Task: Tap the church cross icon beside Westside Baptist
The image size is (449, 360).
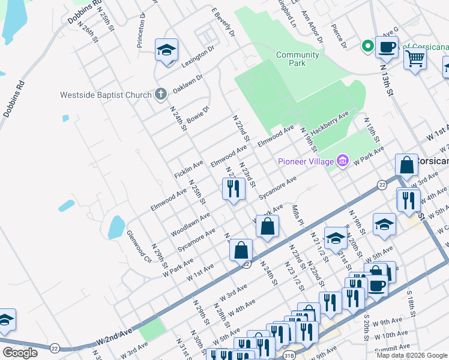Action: click(x=160, y=94)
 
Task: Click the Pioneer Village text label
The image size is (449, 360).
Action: click(x=305, y=161)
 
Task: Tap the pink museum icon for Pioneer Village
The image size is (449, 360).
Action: click(x=343, y=160)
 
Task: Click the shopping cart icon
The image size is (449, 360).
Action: click(x=415, y=59)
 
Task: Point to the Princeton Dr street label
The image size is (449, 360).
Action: click(x=142, y=30)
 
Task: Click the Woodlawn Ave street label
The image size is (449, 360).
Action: click(x=190, y=224)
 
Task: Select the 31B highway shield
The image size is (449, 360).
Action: click(x=289, y=356)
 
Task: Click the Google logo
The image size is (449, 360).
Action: click(x=20, y=353)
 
